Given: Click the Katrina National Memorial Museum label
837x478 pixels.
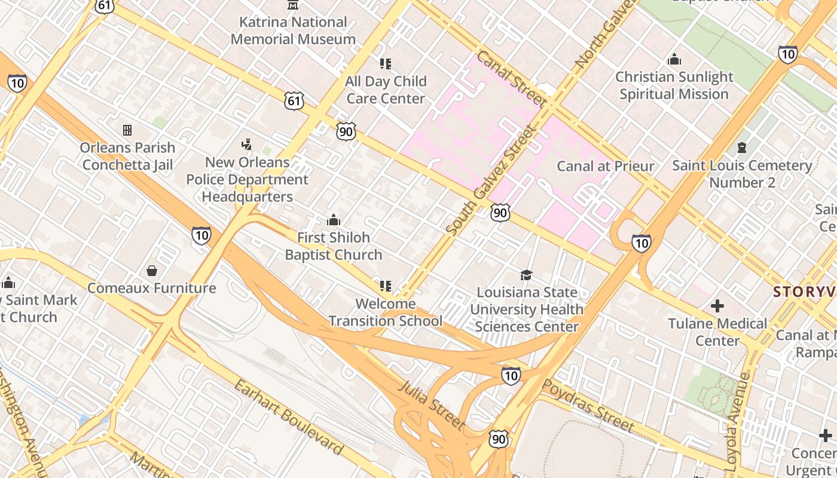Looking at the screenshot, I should point(293,30).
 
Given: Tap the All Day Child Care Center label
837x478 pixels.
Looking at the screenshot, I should point(386,90).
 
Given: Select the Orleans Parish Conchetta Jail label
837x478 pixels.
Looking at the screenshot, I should point(127,156).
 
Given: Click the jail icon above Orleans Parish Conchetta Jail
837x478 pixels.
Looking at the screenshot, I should point(127,130).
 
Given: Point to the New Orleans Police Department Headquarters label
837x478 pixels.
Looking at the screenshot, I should point(247,179).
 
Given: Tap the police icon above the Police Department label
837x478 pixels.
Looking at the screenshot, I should point(246,144).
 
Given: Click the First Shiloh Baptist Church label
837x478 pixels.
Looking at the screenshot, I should point(333,246).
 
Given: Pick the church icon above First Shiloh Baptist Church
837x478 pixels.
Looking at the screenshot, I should point(333,220).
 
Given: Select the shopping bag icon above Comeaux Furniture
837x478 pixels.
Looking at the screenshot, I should point(152,271).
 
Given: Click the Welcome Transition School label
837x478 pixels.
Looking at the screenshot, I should point(386,312).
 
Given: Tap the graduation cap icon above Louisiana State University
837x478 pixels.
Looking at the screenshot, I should point(526,275).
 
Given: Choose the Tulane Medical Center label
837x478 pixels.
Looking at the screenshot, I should point(717,332).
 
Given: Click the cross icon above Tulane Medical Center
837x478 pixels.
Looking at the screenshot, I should point(717,307).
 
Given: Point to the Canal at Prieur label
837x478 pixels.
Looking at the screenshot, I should point(605,166).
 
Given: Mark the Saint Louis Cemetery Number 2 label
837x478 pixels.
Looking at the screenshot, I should point(742,174).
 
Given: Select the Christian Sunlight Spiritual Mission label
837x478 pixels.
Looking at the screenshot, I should point(674,85).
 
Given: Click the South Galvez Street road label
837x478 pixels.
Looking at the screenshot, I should point(490,180).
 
